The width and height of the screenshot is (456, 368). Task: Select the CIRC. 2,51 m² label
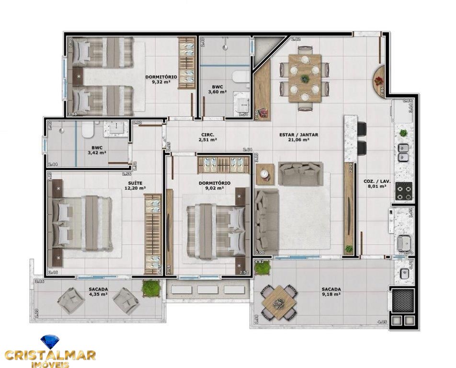[208, 138]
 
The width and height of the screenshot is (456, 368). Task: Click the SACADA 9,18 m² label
[331, 292]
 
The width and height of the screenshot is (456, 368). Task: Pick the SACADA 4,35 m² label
[98, 292]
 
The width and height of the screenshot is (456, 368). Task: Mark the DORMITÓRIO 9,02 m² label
[214, 185]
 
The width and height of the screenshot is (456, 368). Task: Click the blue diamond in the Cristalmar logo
[49, 342]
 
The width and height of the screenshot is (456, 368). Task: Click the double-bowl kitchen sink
[403, 152]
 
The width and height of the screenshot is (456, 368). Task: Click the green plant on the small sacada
[151, 288]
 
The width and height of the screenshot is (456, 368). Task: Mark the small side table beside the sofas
[264, 174]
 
